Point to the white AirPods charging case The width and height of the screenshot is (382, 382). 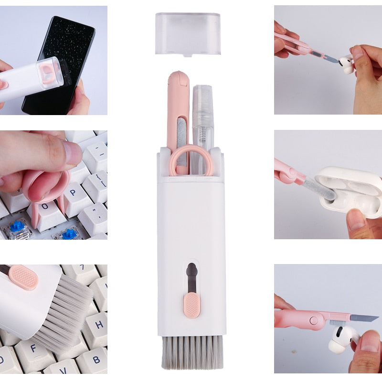(353, 191)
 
